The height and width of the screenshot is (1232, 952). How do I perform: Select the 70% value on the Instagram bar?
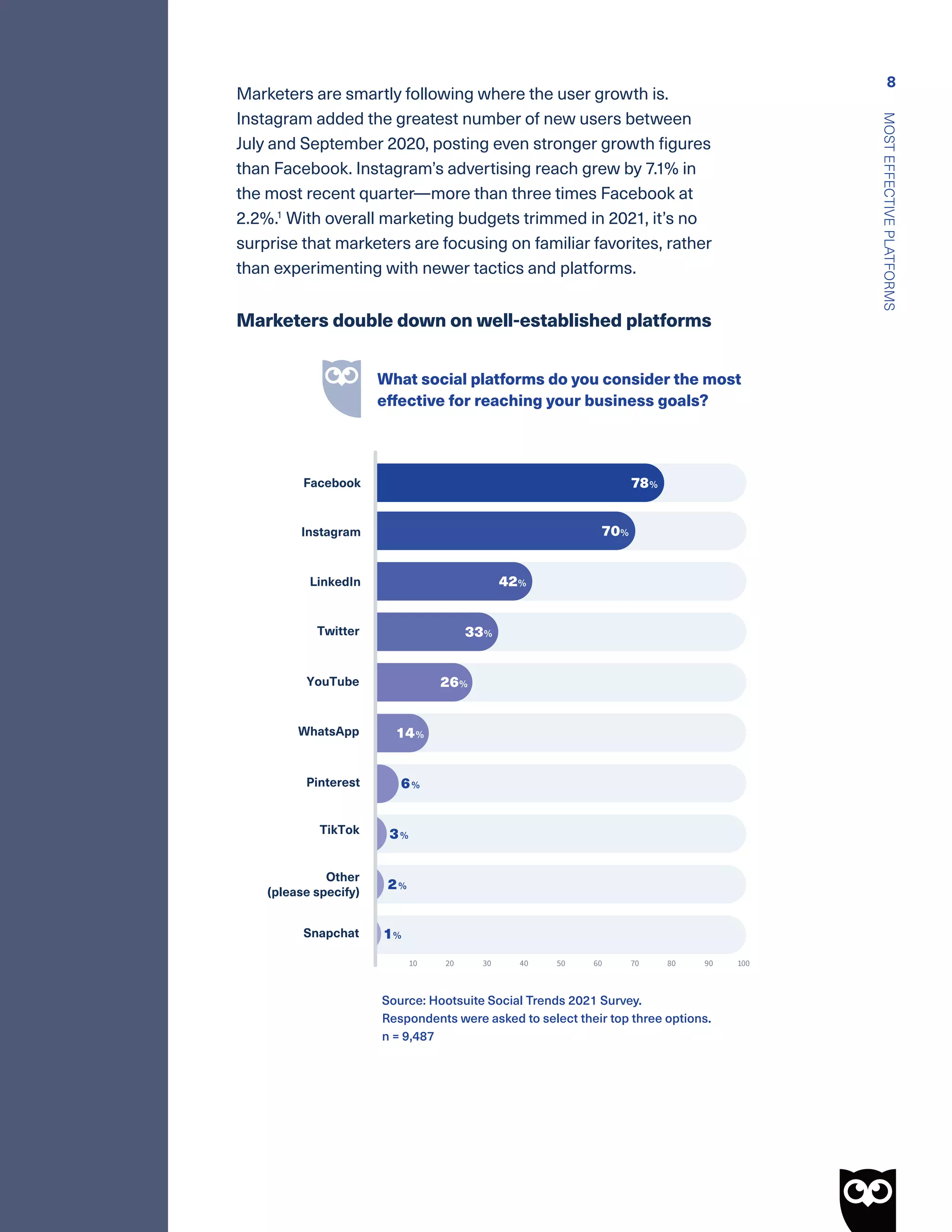pyautogui.click(x=614, y=531)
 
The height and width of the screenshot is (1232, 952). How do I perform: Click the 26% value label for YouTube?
pyautogui.click(x=453, y=682)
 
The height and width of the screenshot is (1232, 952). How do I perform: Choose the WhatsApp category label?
pyautogui.click(x=328, y=732)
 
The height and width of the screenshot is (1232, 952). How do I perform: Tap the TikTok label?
pyautogui.click(x=339, y=830)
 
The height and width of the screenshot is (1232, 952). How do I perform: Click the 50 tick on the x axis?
pyautogui.click(x=561, y=963)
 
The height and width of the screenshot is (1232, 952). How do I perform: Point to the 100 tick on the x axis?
pyautogui.click(x=743, y=963)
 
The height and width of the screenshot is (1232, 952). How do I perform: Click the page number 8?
pyautogui.click(x=891, y=82)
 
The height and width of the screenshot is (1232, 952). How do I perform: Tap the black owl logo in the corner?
pyautogui.click(x=867, y=1198)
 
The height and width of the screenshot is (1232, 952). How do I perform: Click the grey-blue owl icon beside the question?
pyautogui.click(x=342, y=388)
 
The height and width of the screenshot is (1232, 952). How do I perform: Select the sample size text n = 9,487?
pyautogui.click(x=408, y=1037)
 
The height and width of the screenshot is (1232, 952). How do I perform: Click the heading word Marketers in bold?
pyautogui.click(x=282, y=320)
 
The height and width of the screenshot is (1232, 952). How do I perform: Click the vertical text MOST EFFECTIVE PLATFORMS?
pyautogui.click(x=889, y=212)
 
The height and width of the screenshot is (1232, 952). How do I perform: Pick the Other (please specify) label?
pyautogui.click(x=314, y=885)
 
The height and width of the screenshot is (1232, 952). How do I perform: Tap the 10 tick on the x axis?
pyautogui.click(x=413, y=963)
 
